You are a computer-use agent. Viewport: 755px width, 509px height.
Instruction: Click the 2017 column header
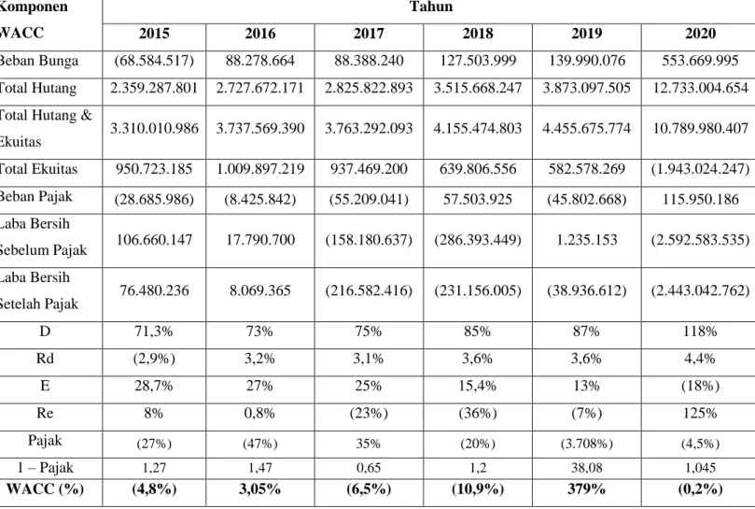tap(369, 34)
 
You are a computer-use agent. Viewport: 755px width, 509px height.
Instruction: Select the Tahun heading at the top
tap(431, 7)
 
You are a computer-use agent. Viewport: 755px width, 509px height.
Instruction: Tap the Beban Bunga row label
tap(38, 61)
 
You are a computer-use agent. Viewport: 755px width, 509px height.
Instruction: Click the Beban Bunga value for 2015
tap(154, 61)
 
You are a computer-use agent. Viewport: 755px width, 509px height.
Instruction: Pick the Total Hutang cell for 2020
tap(701, 88)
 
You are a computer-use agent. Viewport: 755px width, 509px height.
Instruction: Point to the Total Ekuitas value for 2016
tap(260, 169)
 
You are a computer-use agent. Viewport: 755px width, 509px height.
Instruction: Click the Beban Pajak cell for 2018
tap(478, 199)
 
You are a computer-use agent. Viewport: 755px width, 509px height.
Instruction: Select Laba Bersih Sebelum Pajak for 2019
tap(586, 240)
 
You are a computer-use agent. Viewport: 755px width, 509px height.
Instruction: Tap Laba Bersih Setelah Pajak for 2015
tap(154, 290)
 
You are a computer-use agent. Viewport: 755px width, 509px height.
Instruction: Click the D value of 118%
tap(701, 332)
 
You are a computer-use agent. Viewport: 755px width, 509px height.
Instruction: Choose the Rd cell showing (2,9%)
tap(154, 359)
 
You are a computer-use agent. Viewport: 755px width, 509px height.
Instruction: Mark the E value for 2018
tap(478, 386)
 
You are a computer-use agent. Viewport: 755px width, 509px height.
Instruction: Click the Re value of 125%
tap(701, 413)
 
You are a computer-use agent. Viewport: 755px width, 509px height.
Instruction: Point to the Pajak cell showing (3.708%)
tap(586, 444)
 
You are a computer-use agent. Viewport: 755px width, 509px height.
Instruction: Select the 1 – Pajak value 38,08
tap(586, 468)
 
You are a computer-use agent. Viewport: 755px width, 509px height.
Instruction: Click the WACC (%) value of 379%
tap(586, 488)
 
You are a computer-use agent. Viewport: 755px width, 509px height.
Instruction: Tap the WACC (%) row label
tap(45, 488)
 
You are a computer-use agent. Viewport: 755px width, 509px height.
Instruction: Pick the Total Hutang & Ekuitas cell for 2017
tap(369, 128)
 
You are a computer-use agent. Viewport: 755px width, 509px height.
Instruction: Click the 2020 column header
tap(701, 34)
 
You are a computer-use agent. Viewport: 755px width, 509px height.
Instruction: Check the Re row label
tap(45, 413)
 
